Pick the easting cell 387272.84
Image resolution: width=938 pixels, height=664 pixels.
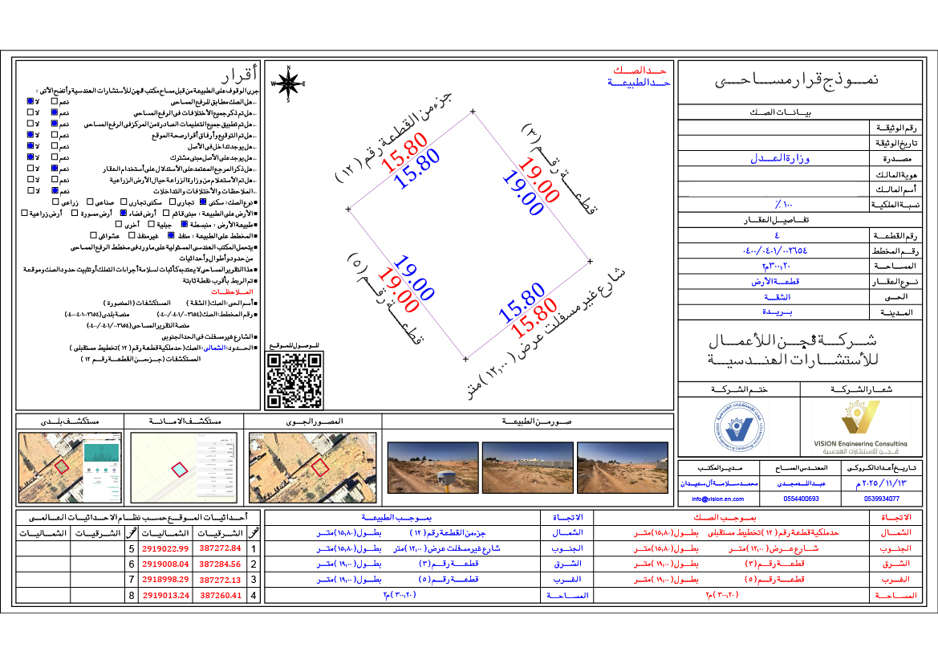pos(220,548)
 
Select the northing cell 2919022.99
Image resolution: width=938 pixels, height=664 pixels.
pos(164,548)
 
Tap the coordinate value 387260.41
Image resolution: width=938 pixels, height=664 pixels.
pos(220,596)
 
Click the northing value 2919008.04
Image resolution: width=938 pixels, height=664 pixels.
pos(164,564)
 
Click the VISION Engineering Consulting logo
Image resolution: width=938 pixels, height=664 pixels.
pos(861,426)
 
